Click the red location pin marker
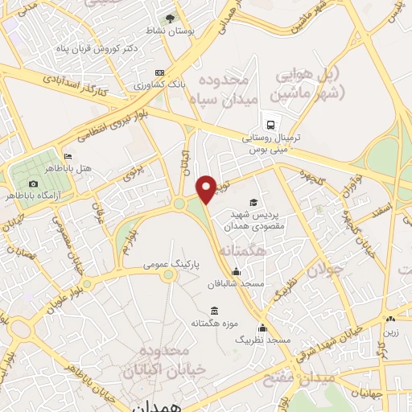206,188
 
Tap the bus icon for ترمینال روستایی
270,126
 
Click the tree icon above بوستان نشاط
170,19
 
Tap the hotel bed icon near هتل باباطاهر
68,156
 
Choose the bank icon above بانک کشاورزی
159,72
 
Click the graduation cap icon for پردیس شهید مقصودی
254,203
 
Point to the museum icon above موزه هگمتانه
213,311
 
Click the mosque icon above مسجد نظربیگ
262,328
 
